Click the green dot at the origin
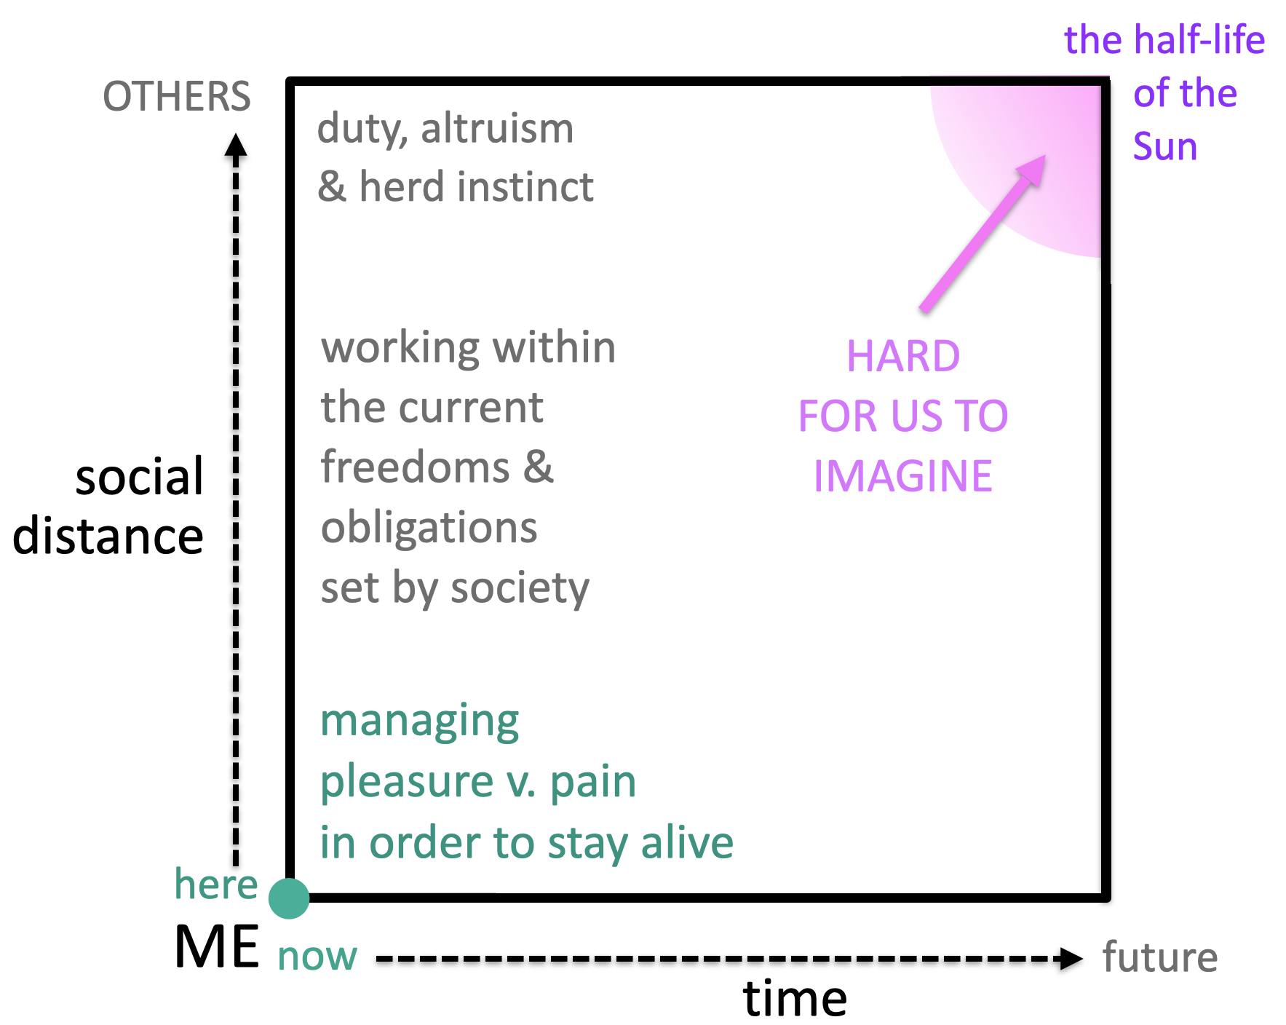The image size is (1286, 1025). pyautogui.click(x=289, y=898)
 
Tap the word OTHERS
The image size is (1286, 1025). pyautogui.click(x=177, y=97)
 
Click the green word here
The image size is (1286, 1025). pyautogui.click(x=216, y=884)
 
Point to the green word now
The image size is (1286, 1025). pyautogui.click(x=317, y=957)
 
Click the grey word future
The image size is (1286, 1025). pyautogui.click(x=1159, y=957)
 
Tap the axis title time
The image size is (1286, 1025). pyautogui.click(x=795, y=998)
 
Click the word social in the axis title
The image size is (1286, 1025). pyautogui.click(x=139, y=478)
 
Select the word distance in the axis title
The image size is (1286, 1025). pyautogui.click(x=108, y=537)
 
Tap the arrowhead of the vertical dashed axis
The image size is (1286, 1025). pyautogui.click(x=235, y=145)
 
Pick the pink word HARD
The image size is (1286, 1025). pyautogui.click(x=903, y=357)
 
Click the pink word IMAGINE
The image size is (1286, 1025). pyautogui.click(x=903, y=477)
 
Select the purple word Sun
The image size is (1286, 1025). pyautogui.click(x=1165, y=146)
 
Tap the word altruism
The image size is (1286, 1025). pyautogui.click(x=497, y=129)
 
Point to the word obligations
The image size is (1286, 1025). pyautogui.click(x=429, y=528)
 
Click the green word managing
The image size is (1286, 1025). pyautogui.click(x=420, y=722)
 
